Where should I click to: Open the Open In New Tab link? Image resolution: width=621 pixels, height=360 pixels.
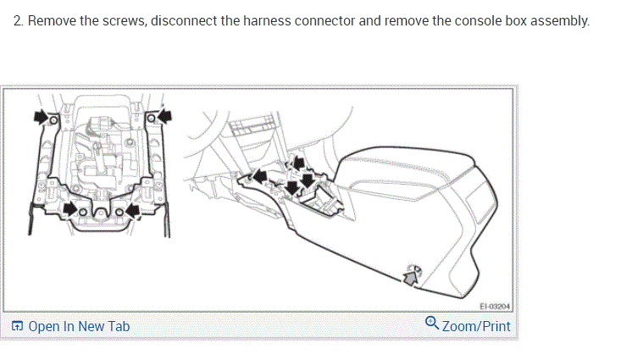pyautogui.click(x=79, y=326)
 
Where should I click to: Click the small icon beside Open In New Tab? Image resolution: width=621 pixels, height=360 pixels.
pyautogui.click(x=18, y=326)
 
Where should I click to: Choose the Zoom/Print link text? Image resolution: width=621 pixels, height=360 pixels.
pyautogui.click(x=476, y=326)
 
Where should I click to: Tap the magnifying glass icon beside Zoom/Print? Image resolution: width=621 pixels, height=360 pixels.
pyautogui.click(x=432, y=324)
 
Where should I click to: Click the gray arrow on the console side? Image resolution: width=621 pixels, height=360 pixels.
pyautogui.click(x=410, y=273)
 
